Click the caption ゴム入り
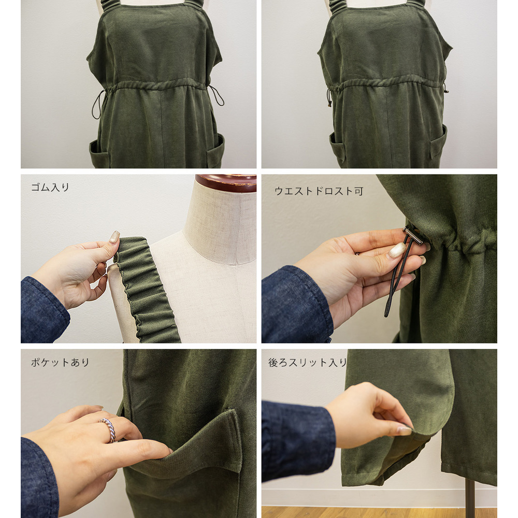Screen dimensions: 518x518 pyautogui.click(x=50, y=188)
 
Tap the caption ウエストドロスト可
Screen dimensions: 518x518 pyautogui.click(x=319, y=191)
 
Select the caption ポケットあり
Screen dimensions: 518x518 pyautogui.click(x=60, y=363)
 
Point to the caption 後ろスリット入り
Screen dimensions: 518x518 pyautogui.click(x=307, y=363)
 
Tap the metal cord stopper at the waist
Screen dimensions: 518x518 pyautogui.click(x=413, y=234)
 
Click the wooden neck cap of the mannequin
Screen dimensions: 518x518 pyautogui.click(x=226, y=183)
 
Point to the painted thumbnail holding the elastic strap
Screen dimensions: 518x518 pyautogui.click(x=114, y=237)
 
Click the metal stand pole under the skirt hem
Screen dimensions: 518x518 pyautogui.click(x=469, y=498)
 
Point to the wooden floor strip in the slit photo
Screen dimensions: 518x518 pyautogui.click(x=379, y=512)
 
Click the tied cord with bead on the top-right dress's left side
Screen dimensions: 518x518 pyautogui.click(x=329, y=97)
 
